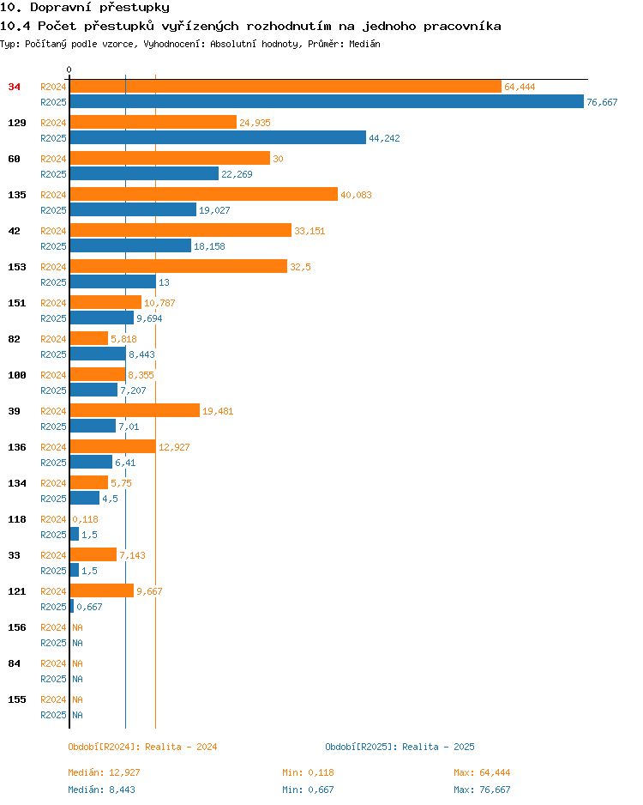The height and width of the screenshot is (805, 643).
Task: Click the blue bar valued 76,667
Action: click(x=327, y=101)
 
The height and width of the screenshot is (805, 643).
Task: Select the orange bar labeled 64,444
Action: click(x=285, y=86)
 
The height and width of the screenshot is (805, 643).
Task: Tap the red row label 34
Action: click(x=15, y=87)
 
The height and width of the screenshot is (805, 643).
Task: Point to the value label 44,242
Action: click(x=384, y=138)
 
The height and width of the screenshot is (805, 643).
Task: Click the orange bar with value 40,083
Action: click(x=204, y=194)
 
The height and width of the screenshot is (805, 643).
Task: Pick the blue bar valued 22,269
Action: click(x=144, y=173)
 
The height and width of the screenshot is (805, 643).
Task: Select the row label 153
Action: click(x=17, y=267)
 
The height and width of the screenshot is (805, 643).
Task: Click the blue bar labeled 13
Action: click(x=113, y=281)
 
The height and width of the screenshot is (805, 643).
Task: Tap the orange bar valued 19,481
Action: click(x=135, y=410)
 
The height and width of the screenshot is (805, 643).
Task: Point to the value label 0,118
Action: click(x=85, y=519)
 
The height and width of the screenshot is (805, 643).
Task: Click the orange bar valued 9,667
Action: click(x=102, y=590)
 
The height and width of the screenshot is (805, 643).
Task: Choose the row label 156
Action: click(x=17, y=627)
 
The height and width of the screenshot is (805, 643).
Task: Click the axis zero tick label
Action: click(x=69, y=70)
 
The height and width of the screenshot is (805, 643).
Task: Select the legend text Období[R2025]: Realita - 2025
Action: click(x=400, y=747)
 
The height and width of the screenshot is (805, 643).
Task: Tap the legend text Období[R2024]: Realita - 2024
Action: click(x=142, y=747)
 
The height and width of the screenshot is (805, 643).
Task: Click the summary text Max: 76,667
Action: click(x=482, y=790)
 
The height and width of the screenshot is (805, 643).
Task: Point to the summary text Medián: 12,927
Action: click(x=104, y=772)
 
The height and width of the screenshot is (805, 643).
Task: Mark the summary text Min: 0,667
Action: click(x=308, y=790)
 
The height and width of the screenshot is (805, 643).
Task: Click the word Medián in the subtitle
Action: click(x=364, y=44)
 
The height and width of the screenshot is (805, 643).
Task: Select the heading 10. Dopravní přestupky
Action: click(x=85, y=7)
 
